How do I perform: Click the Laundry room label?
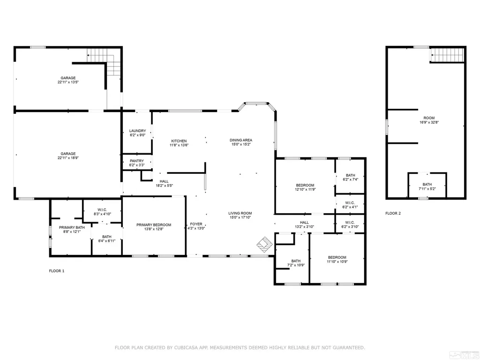(137, 131)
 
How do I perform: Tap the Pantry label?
(136, 161)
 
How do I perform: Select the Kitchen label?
(179, 141)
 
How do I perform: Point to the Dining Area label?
(241, 140)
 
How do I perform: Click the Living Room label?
(240, 213)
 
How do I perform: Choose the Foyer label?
(196, 224)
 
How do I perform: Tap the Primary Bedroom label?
(154, 225)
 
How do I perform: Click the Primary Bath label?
(72, 227)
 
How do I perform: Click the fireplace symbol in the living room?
(264, 244)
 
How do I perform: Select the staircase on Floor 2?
(447, 55)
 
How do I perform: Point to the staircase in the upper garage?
(105, 62)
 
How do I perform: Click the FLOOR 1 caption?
(57, 271)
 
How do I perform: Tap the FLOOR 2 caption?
(393, 213)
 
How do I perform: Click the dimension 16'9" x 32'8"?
(429, 122)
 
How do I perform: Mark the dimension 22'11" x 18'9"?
(68, 158)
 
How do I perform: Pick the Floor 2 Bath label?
(427, 185)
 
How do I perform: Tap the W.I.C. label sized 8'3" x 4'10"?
(102, 210)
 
